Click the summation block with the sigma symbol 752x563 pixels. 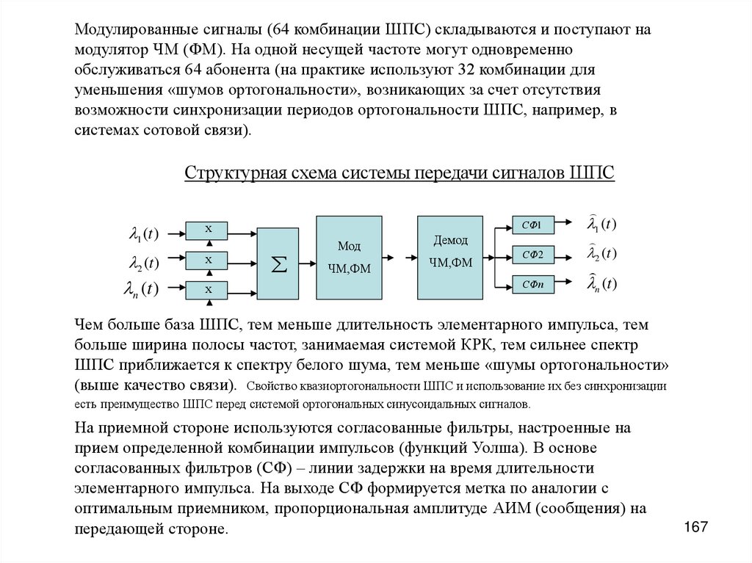point(278,264)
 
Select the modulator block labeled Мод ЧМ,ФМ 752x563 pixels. point(349,257)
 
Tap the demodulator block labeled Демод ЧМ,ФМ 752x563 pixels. point(450,257)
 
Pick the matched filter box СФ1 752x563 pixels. point(532,226)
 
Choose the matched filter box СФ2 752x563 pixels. point(532,255)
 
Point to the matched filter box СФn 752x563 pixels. point(532,284)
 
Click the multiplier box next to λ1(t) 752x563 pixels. point(209,230)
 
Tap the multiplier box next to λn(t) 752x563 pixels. point(209,290)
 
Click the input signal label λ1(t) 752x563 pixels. point(143,234)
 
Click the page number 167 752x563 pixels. point(695,527)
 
